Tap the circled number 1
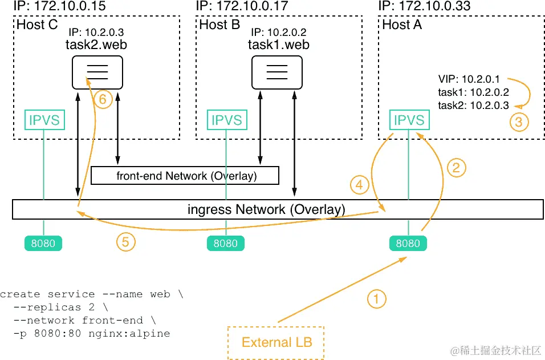pyautogui.click(x=376, y=298)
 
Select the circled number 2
pyautogui.click(x=457, y=167)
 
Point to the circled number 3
pyautogui.click(x=518, y=121)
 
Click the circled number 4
pyautogui.click(x=358, y=184)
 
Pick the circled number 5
pyautogui.click(x=126, y=241)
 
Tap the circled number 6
pyautogui.click(x=103, y=100)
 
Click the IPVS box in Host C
pyautogui.click(x=44, y=120)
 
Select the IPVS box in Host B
pyautogui.click(x=227, y=120)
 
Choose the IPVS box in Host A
pyautogui.click(x=409, y=120)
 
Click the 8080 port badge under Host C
pyautogui.click(x=43, y=244)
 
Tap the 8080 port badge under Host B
pyautogui.click(x=226, y=244)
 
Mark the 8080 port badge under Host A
pyautogui.click(x=408, y=244)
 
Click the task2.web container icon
pyautogui.click(x=97, y=72)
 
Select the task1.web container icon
pyautogui.click(x=276, y=72)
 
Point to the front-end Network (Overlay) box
pyautogui.click(x=185, y=176)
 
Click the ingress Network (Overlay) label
pyautogui.click(x=266, y=209)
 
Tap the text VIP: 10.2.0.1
pyautogui.click(x=469, y=79)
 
